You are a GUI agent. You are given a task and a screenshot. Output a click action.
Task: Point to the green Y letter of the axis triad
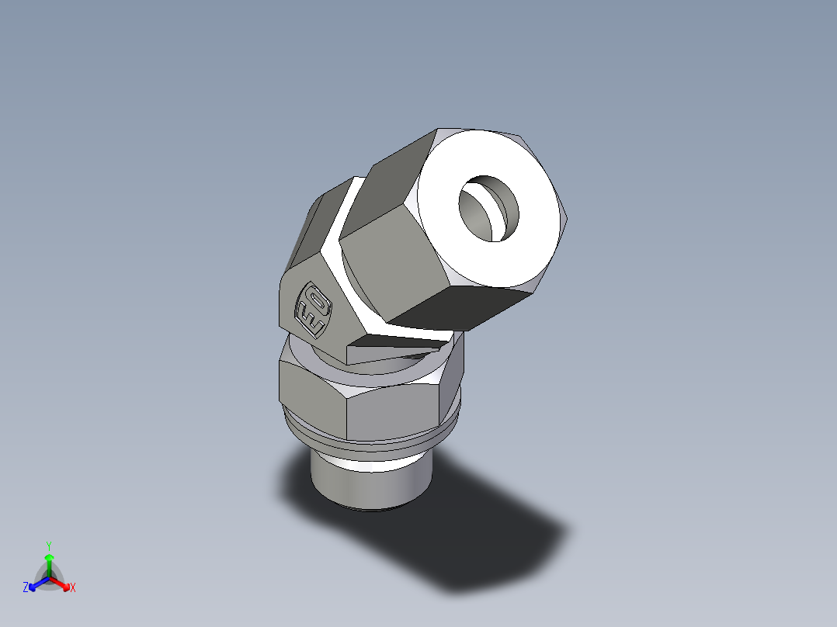(x=48, y=546)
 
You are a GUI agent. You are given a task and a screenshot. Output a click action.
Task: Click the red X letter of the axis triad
(x=73, y=588)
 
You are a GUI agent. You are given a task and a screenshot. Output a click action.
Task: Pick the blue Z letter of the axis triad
(x=26, y=588)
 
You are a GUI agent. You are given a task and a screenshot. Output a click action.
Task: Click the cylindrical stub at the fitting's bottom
(x=365, y=485)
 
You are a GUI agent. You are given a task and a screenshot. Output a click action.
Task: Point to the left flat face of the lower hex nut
(x=311, y=396)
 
